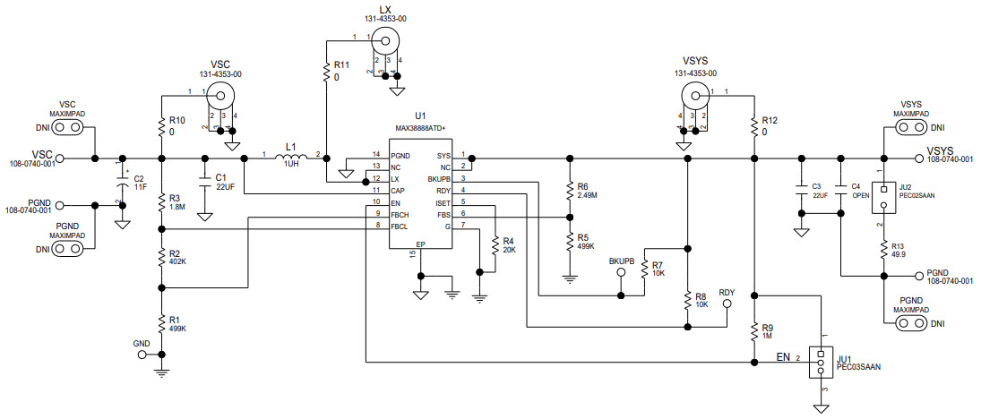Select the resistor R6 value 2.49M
(588, 194)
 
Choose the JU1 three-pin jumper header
(819, 363)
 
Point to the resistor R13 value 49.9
(897, 254)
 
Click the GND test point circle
(142, 355)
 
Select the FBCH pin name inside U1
(400, 214)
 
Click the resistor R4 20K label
(508, 246)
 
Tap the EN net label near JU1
(783, 357)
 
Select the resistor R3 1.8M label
(176, 202)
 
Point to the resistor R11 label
(340, 71)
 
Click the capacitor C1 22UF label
(224, 182)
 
